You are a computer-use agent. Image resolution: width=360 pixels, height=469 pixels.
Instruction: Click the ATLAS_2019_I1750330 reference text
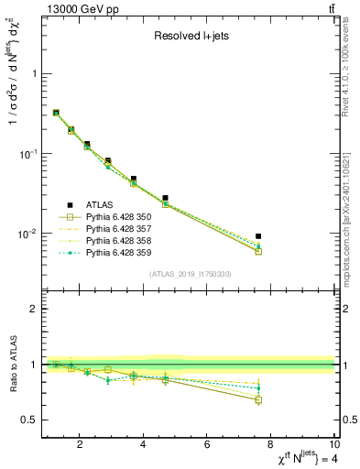click(x=189, y=274)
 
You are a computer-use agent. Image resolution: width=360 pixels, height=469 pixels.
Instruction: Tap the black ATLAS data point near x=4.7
click(x=166, y=198)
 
